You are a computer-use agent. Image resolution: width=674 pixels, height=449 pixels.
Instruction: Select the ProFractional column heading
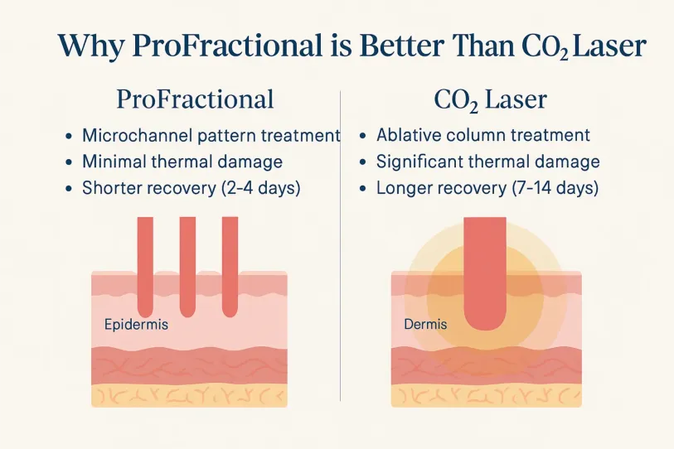pyautogui.click(x=196, y=100)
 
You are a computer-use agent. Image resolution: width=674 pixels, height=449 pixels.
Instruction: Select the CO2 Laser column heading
pyautogui.click(x=490, y=100)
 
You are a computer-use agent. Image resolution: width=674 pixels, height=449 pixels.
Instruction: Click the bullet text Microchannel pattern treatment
pyautogui.click(x=211, y=135)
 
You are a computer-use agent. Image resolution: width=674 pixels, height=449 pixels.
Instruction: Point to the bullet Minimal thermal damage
pyautogui.click(x=182, y=162)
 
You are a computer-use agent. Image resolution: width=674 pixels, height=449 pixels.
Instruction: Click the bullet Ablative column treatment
pyautogui.click(x=482, y=135)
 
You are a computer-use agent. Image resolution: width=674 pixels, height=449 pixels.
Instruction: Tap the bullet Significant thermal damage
pyautogui.click(x=487, y=162)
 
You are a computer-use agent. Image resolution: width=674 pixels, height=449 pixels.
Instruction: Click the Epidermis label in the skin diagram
pyautogui.click(x=136, y=324)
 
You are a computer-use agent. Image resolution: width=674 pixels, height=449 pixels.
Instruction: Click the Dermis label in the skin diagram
pyautogui.click(x=425, y=324)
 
